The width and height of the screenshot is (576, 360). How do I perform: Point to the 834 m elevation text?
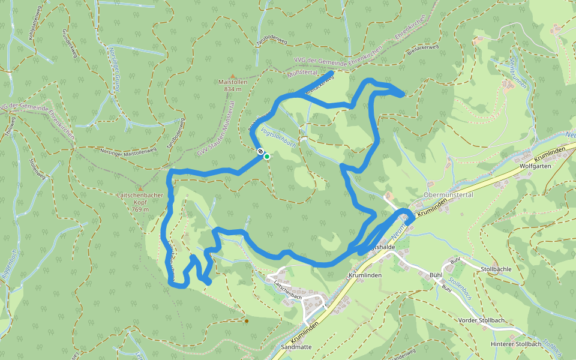[x=232, y=89]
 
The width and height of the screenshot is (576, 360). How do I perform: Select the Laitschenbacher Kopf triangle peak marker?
[x=140, y=188]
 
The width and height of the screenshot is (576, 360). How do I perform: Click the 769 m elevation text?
[x=140, y=209]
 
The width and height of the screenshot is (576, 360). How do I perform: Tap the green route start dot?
[x=267, y=157]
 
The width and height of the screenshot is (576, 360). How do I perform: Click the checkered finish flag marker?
[x=260, y=152]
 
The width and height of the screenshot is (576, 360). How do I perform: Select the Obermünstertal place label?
[x=449, y=195]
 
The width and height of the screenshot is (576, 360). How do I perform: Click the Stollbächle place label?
[x=496, y=269]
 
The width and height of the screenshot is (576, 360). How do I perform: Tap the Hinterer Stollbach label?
[x=516, y=344]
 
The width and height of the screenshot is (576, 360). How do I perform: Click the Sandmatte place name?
[x=296, y=347]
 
